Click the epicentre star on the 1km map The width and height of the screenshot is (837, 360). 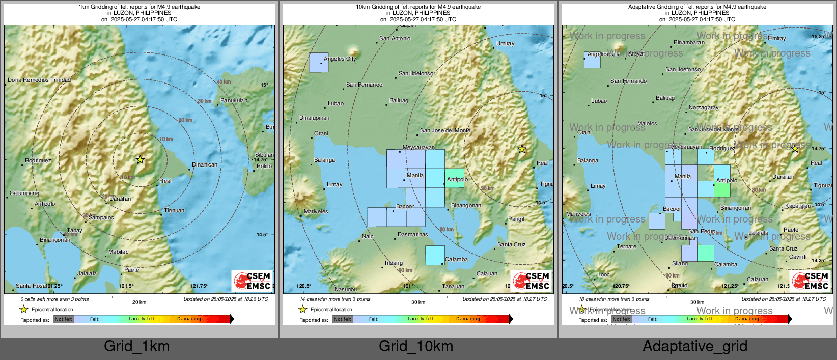(140, 160)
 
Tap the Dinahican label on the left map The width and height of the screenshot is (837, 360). (205, 164)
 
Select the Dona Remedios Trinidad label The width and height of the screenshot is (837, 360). (39, 80)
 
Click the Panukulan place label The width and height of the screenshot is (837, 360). (234, 100)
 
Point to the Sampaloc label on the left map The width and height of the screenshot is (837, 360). (101, 217)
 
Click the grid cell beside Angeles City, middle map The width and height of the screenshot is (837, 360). (319, 62)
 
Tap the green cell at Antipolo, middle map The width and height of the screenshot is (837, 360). (454, 178)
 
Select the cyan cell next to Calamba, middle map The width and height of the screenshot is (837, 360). (435, 255)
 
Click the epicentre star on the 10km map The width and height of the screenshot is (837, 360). (522, 149)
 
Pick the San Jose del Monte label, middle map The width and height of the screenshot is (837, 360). (445, 130)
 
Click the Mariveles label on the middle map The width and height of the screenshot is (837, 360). (316, 211)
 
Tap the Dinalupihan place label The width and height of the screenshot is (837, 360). (314, 118)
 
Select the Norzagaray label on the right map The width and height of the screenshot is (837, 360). (704, 107)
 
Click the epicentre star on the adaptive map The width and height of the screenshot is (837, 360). (795, 149)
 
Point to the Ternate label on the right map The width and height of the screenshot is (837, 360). (626, 246)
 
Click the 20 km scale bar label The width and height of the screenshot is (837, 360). (139, 302)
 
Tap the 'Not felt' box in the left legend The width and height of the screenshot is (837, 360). (64, 319)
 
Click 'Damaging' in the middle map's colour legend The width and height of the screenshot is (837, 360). (468, 319)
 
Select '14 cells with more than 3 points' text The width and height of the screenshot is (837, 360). (335, 299)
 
